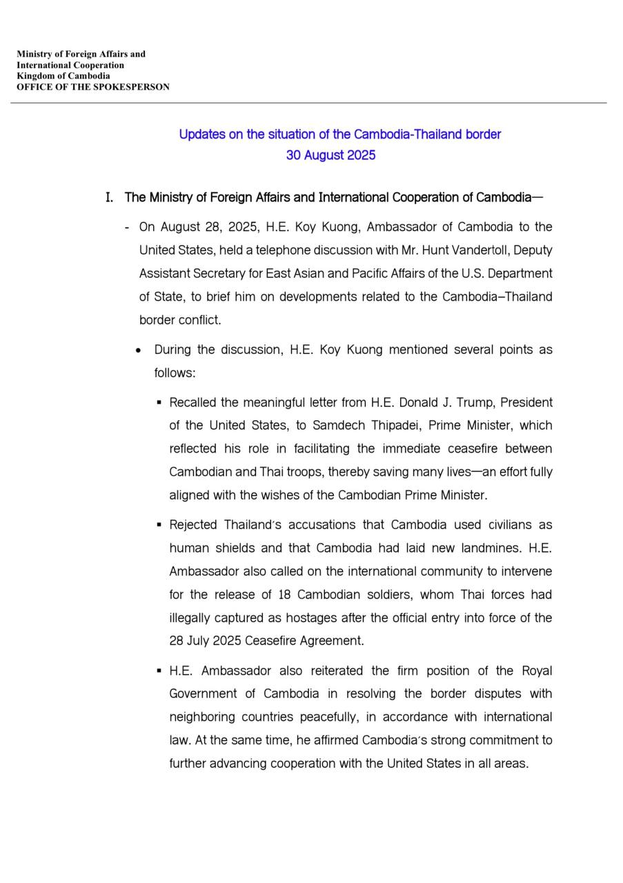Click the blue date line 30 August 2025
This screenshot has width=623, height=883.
click(330, 155)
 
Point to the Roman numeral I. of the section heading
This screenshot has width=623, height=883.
click(109, 198)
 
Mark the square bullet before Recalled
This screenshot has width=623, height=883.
click(159, 402)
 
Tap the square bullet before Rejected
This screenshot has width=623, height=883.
click(159, 525)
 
